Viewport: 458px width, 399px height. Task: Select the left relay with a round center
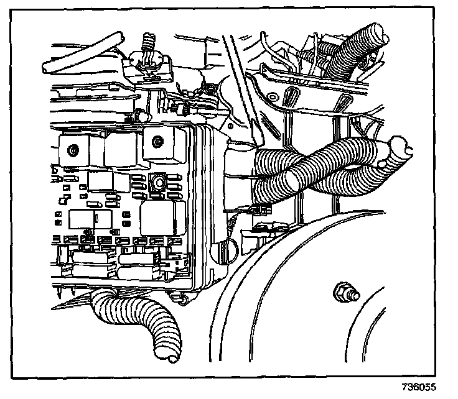tap(73, 149)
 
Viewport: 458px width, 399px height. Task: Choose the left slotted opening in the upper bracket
tap(290, 96)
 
